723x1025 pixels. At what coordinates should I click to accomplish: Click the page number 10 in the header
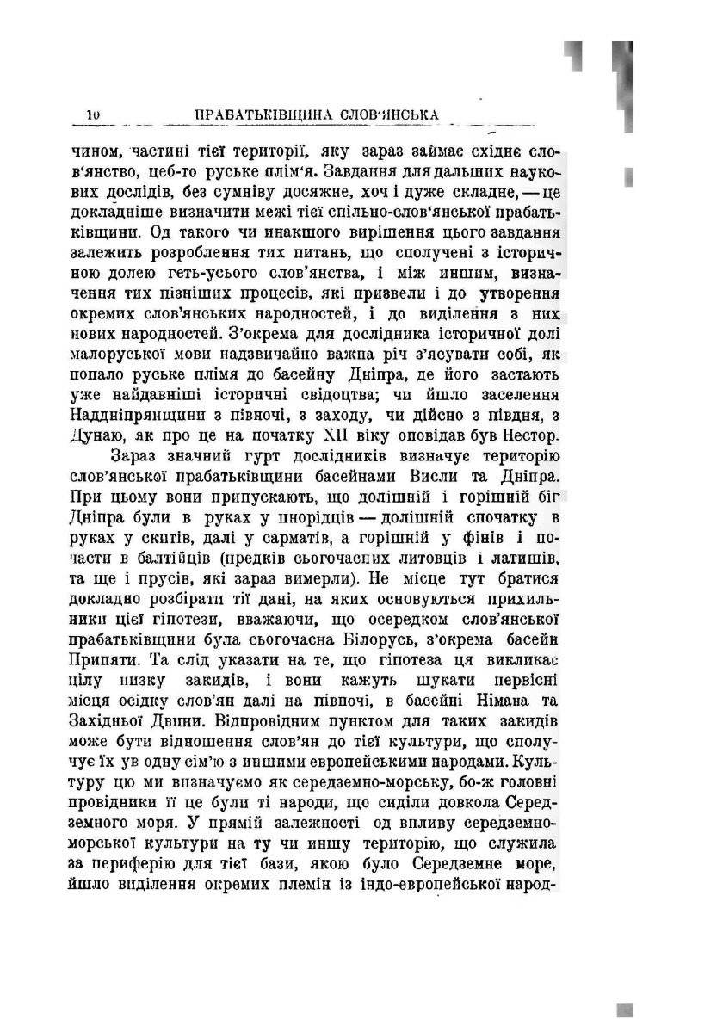pos(95,114)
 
